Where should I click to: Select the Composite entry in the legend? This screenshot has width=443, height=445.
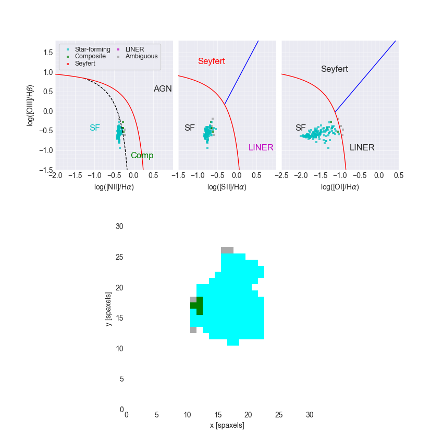[90, 56]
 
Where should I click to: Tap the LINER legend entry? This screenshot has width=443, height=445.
[134, 49]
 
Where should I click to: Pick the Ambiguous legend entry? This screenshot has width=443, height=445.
[141, 56]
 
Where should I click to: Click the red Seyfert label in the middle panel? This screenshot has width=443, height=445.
[212, 61]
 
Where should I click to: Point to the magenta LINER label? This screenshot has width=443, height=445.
[261, 147]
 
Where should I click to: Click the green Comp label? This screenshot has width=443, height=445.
[142, 156]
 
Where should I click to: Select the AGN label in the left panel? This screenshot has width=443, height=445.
[163, 89]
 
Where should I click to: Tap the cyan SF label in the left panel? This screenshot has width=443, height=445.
[94, 128]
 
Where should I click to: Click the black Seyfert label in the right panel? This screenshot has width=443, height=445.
[334, 69]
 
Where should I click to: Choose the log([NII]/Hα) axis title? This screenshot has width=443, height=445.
[113, 187]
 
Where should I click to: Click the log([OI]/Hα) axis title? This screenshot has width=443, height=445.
[340, 187]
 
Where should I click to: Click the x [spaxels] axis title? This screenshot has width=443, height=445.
[227, 425]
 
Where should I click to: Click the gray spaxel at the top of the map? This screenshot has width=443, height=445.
[227, 250]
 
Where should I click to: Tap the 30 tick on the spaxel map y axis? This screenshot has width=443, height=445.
[119, 226]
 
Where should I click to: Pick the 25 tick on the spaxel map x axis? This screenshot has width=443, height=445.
[279, 415]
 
